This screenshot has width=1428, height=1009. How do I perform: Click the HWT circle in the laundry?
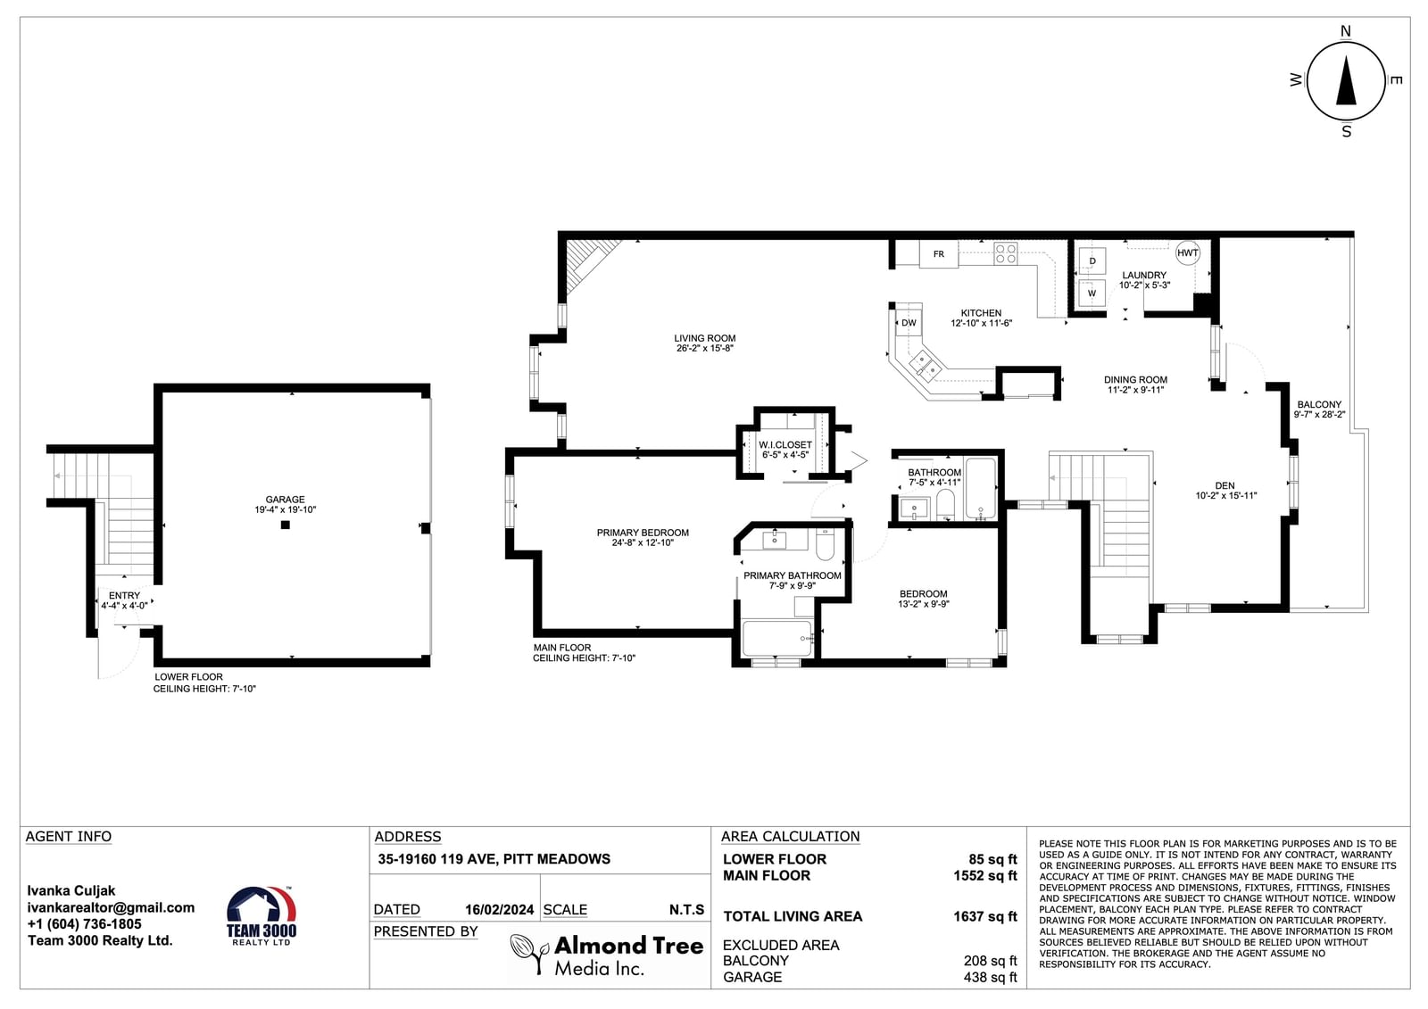(1188, 253)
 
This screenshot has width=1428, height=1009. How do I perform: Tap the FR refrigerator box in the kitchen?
(938, 254)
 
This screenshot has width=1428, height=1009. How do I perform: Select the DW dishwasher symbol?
(909, 323)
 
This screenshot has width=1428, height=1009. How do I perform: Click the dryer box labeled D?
(1092, 261)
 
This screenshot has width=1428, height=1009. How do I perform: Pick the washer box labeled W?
(1092, 294)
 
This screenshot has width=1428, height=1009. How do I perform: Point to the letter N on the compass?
(1346, 31)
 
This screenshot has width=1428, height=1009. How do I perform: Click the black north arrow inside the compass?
(1346, 80)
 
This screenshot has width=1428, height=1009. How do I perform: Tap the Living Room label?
(704, 338)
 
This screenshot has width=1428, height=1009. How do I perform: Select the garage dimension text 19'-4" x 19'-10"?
(285, 510)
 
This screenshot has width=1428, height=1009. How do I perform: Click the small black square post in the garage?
(286, 525)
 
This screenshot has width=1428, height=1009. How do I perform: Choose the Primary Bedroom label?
(643, 533)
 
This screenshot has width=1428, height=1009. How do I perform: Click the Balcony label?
(1320, 405)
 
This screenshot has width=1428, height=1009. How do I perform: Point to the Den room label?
(1225, 485)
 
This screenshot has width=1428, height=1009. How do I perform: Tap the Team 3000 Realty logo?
(262, 916)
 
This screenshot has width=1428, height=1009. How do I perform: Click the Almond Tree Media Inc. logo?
(607, 955)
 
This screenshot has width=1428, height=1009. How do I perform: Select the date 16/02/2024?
(499, 910)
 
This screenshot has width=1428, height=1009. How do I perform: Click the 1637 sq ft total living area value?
(985, 916)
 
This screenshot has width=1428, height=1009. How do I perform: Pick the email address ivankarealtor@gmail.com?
(111, 907)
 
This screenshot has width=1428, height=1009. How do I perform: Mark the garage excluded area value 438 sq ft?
(990, 977)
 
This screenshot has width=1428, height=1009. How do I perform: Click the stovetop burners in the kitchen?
(1006, 253)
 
